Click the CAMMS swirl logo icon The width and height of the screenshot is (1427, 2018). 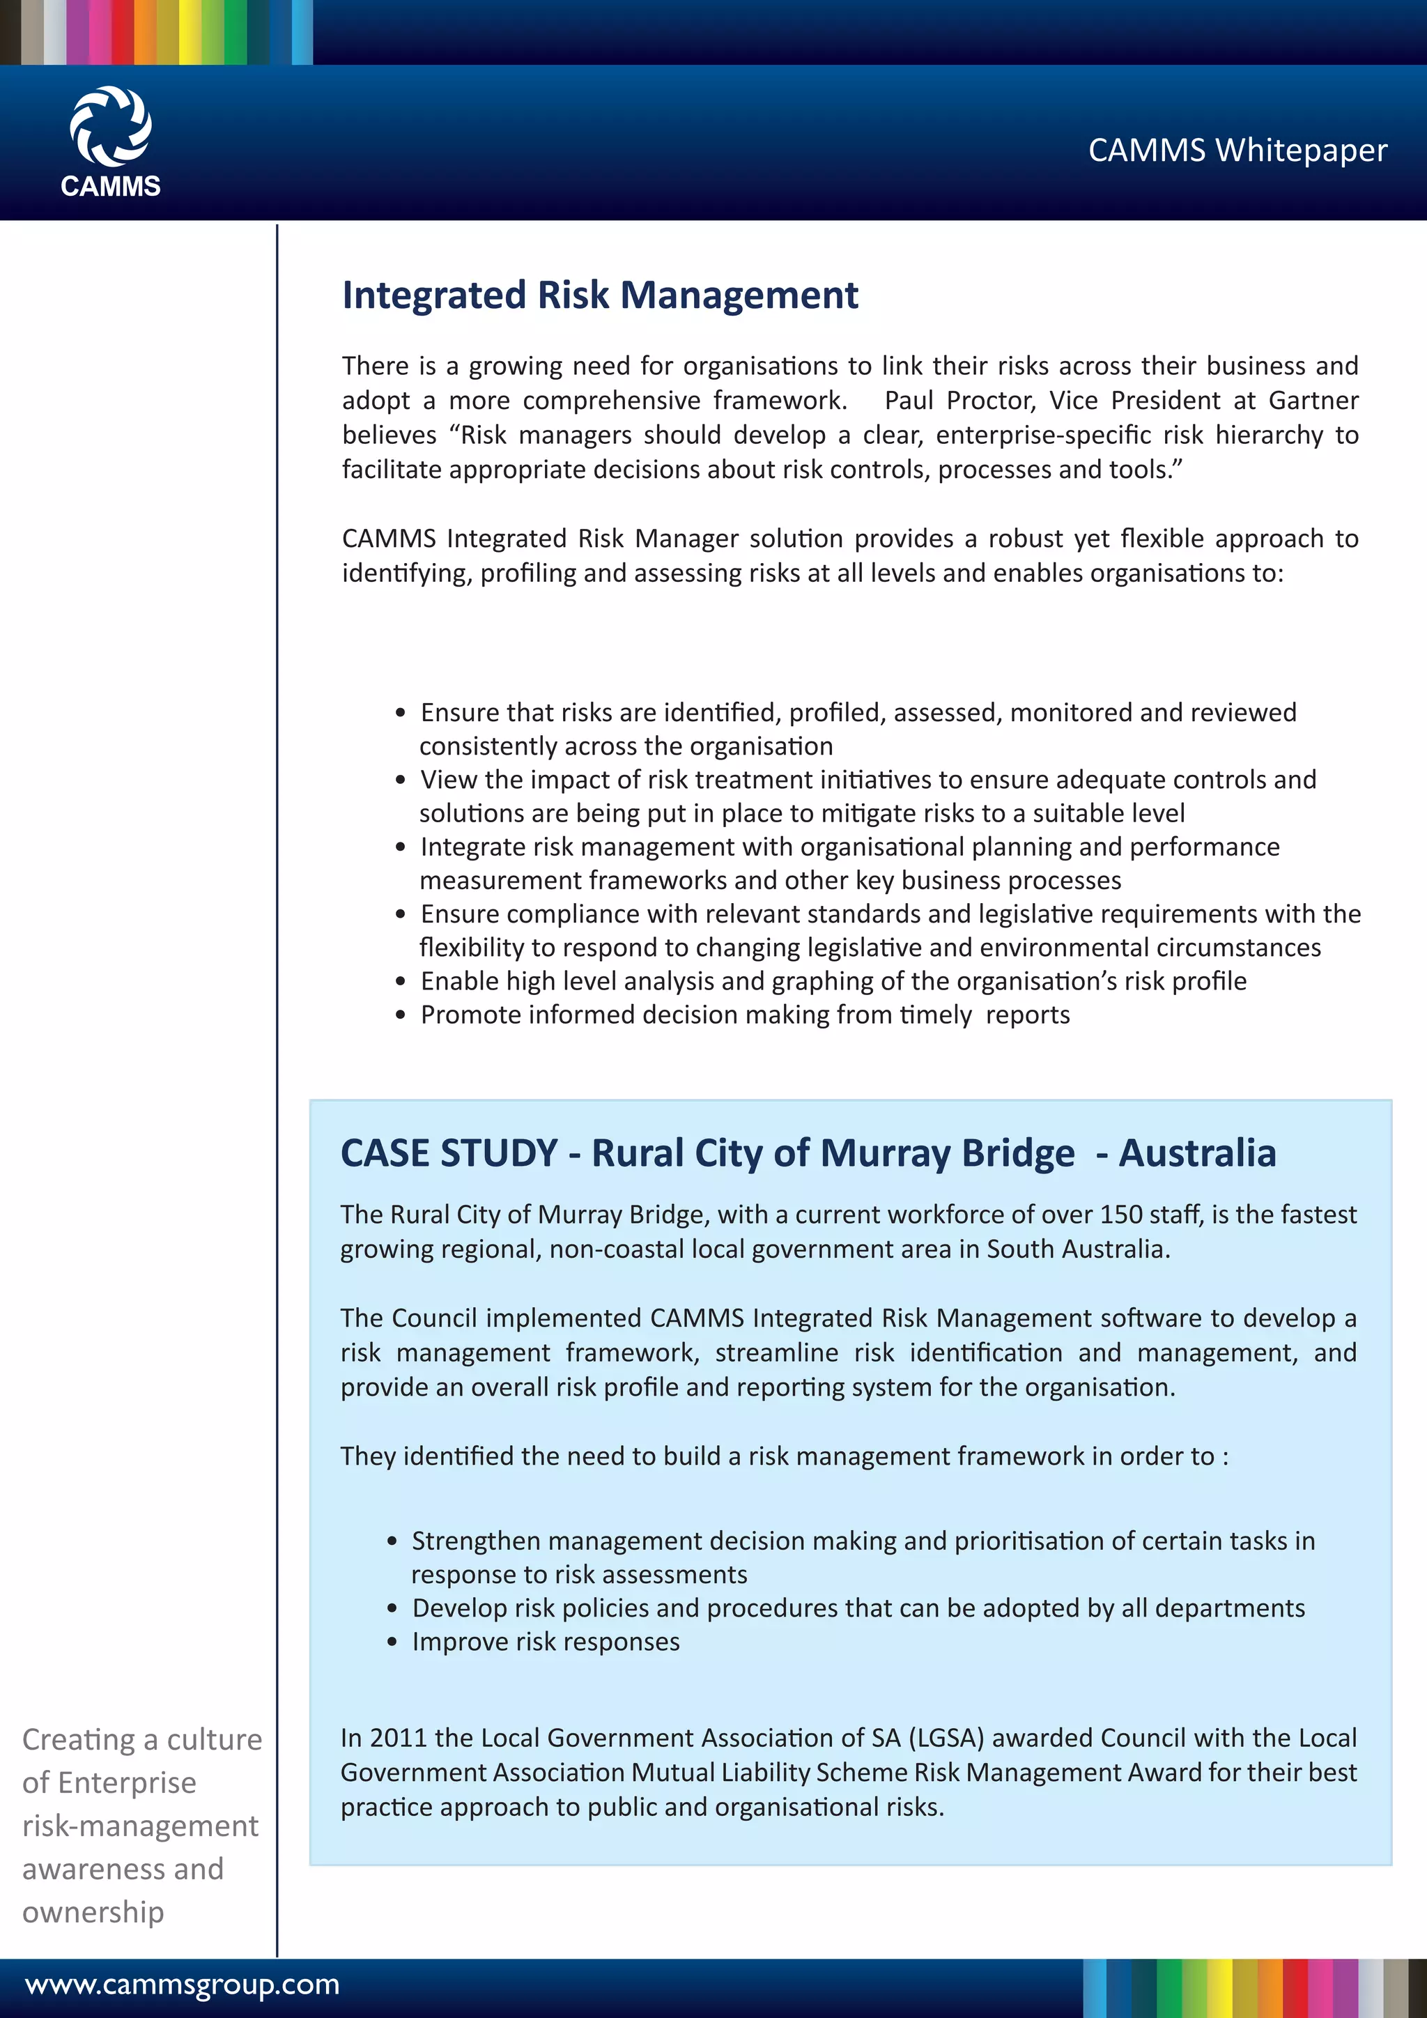pos(111,125)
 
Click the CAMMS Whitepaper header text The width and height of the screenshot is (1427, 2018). pos(1237,151)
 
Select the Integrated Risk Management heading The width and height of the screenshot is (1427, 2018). pos(599,295)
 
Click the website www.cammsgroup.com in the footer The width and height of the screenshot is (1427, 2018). pos(182,1985)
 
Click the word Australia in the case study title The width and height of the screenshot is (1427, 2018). pos(1197,1153)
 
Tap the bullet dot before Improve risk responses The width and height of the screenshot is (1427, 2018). pos(393,1642)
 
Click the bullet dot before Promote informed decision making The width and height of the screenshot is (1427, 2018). pos(401,1015)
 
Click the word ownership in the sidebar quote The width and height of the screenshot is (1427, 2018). pos(93,1911)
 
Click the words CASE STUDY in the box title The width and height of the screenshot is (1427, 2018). pos(449,1153)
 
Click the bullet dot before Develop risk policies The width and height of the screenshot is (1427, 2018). pos(393,1608)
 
